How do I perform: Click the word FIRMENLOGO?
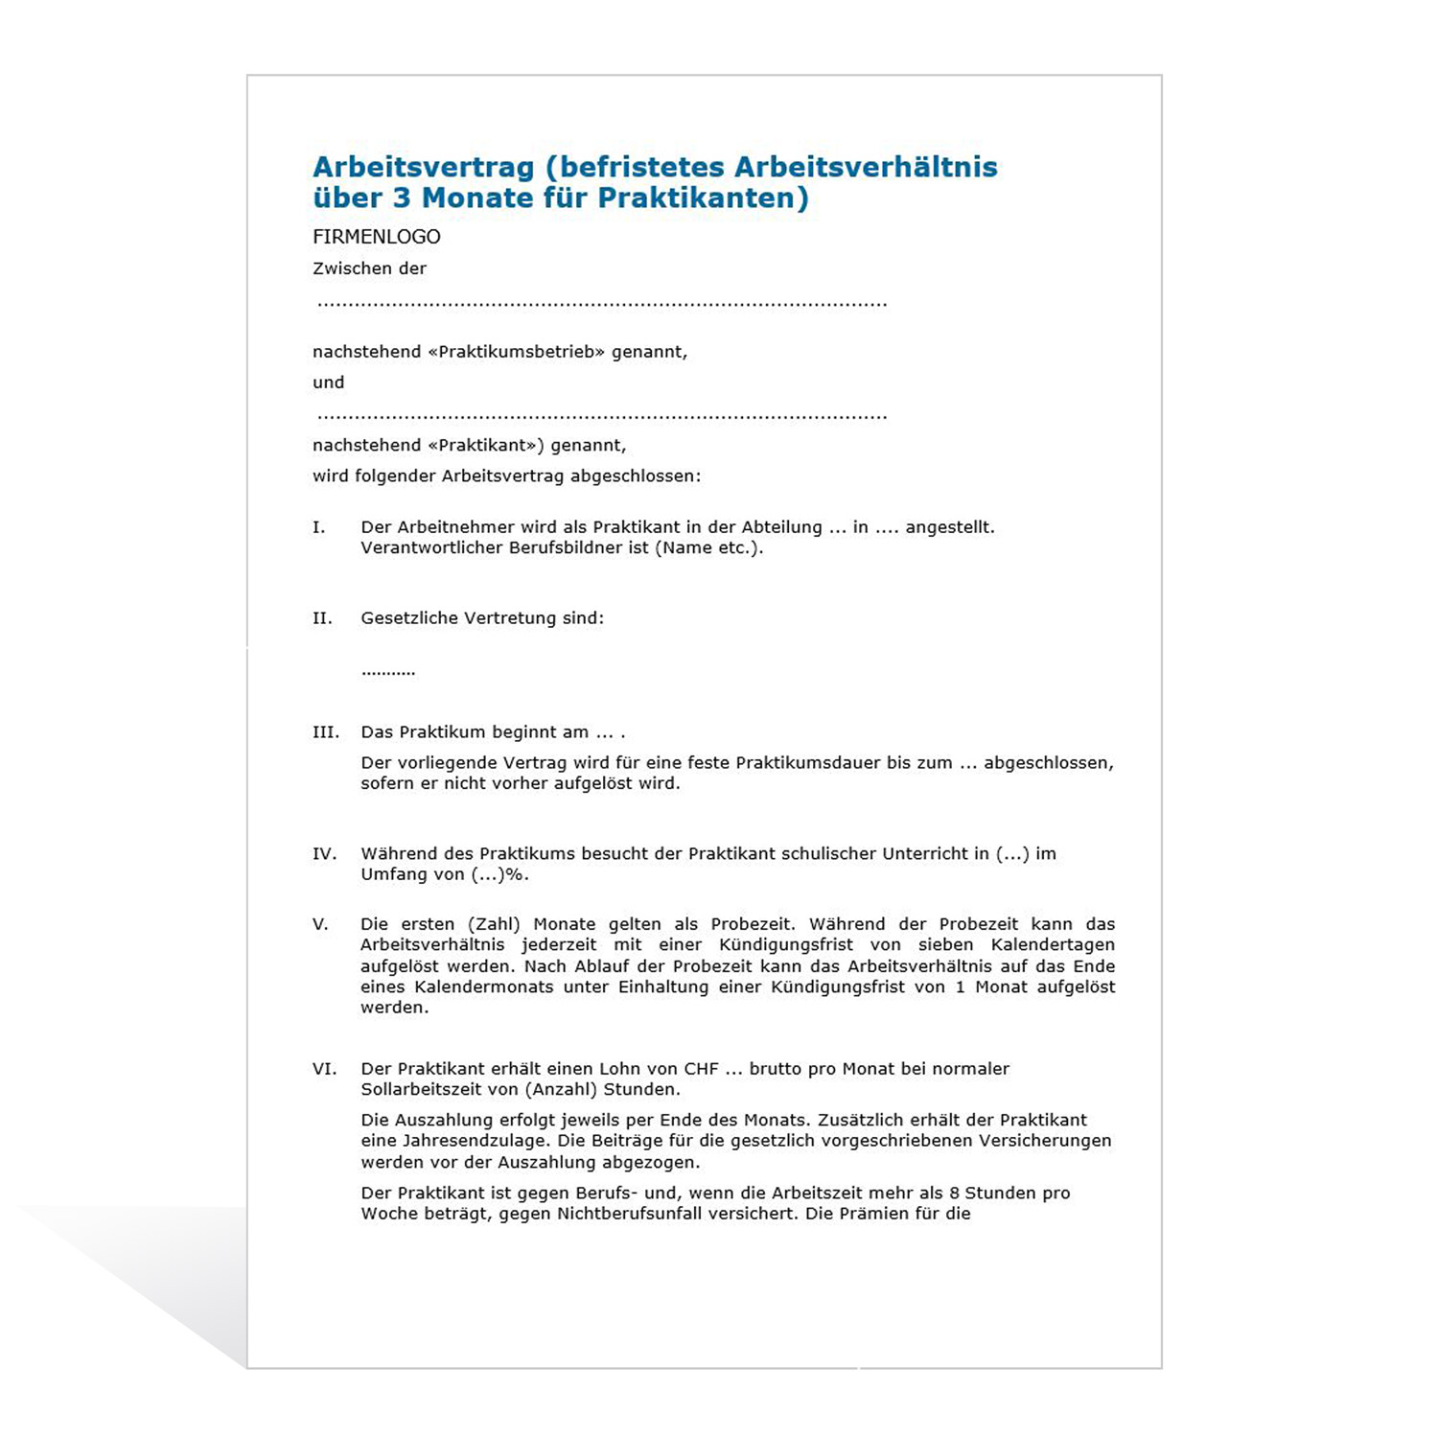point(377,237)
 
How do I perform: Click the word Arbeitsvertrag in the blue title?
point(423,167)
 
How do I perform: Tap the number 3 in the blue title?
point(401,197)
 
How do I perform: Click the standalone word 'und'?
point(328,383)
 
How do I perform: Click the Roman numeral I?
point(319,527)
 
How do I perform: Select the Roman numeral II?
point(322,618)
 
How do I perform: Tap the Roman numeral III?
point(326,732)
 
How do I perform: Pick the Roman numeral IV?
point(324,853)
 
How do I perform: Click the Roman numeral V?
point(320,924)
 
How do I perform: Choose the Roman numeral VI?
point(324,1069)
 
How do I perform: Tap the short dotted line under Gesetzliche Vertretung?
point(388,672)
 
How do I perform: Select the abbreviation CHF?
point(701,1069)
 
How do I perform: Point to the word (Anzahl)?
point(561,1089)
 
